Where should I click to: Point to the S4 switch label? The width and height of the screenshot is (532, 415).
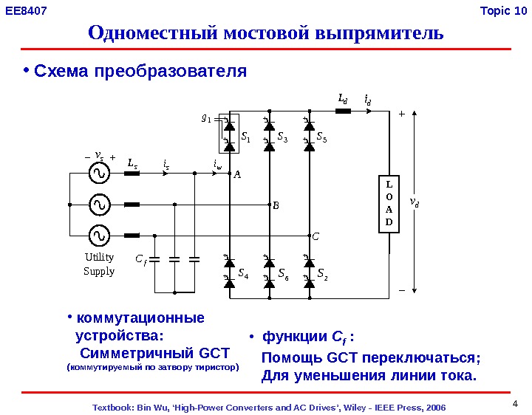click(x=243, y=273)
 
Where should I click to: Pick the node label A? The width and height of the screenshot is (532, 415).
click(x=237, y=175)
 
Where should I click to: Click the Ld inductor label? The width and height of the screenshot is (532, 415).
click(x=342, y=98)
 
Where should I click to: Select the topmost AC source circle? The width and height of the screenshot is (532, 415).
click(x=98, y=174)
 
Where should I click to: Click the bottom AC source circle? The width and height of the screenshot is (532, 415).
click(x=98, y=236)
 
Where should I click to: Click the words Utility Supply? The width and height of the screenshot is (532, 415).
click(x=99, y=264)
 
